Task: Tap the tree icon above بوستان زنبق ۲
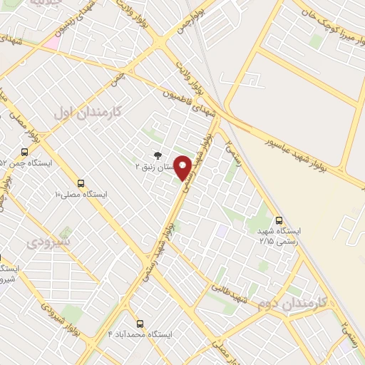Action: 158,154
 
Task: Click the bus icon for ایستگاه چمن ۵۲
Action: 25,152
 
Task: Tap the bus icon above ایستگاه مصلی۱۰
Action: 81,182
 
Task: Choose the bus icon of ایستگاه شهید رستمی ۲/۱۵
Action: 279,220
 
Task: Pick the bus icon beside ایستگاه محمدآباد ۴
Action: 135,322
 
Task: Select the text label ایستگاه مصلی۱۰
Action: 81,194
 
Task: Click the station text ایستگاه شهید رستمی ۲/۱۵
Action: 279,237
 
